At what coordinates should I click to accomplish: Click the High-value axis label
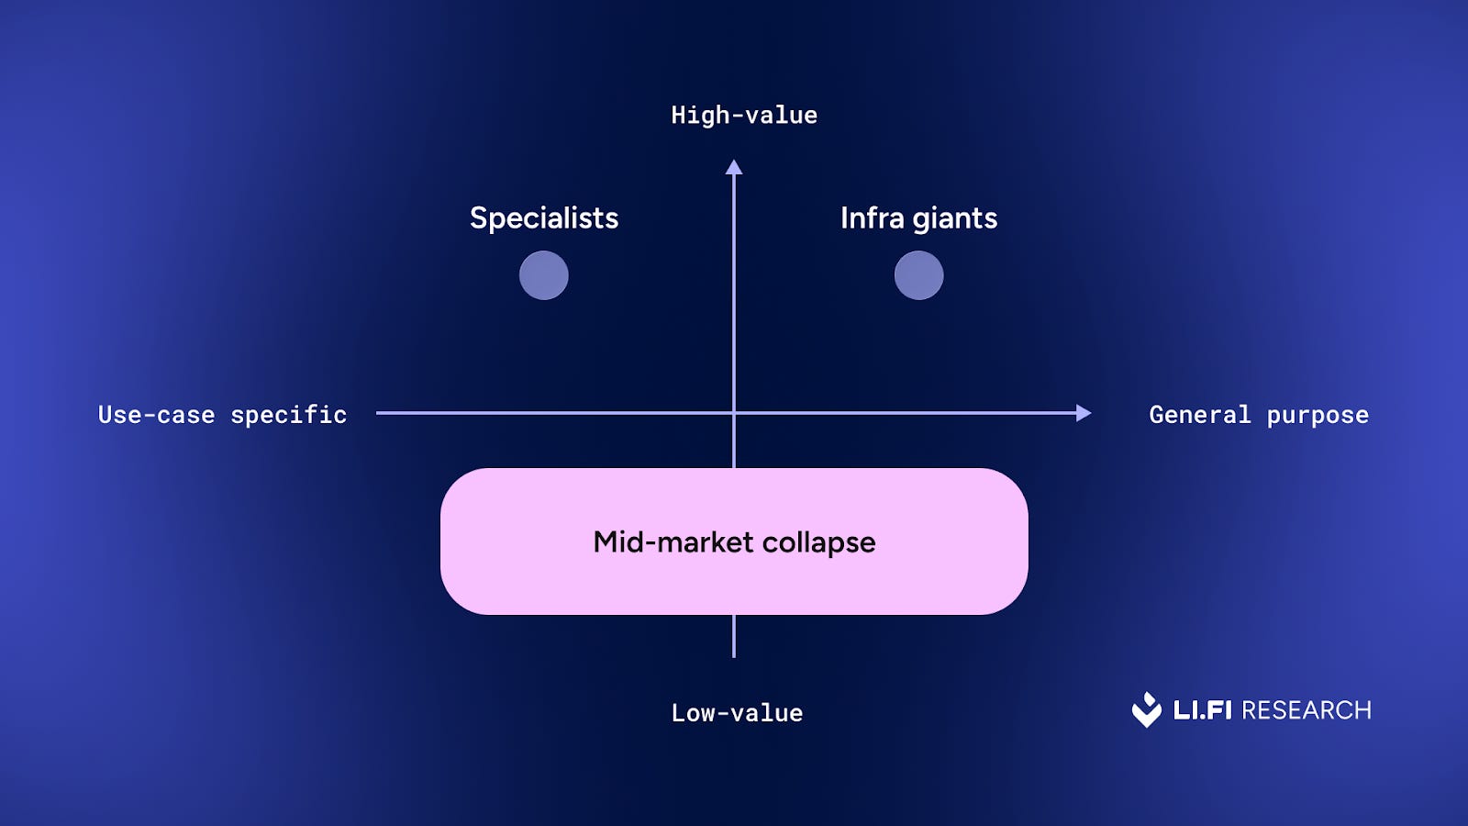point(744,116)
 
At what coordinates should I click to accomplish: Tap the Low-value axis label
point(737,713)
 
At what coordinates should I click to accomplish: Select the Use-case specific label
point(222,415)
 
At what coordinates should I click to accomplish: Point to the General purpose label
point(1258,415)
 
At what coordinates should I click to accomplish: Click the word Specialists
point(544,218)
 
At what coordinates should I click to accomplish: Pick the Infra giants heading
point(918,218)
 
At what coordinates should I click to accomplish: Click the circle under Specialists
point(544,275)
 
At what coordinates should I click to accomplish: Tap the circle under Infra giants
point(918,275)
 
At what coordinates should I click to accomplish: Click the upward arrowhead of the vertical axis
point(734,167)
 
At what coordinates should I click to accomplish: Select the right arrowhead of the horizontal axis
point(1084,413)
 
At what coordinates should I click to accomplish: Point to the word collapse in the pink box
point(818,542)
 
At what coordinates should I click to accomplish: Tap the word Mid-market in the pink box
point(673,542)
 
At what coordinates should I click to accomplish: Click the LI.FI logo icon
point(1147,709)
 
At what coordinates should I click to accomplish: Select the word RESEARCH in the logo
point(1307,710)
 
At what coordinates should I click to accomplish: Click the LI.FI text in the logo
point(1202,710)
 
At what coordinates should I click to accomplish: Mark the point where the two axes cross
point(734,413)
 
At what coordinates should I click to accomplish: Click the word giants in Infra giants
point(954,219)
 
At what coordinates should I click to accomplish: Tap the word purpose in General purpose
point(1318,416)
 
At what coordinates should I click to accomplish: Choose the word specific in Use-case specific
point(288,415)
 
